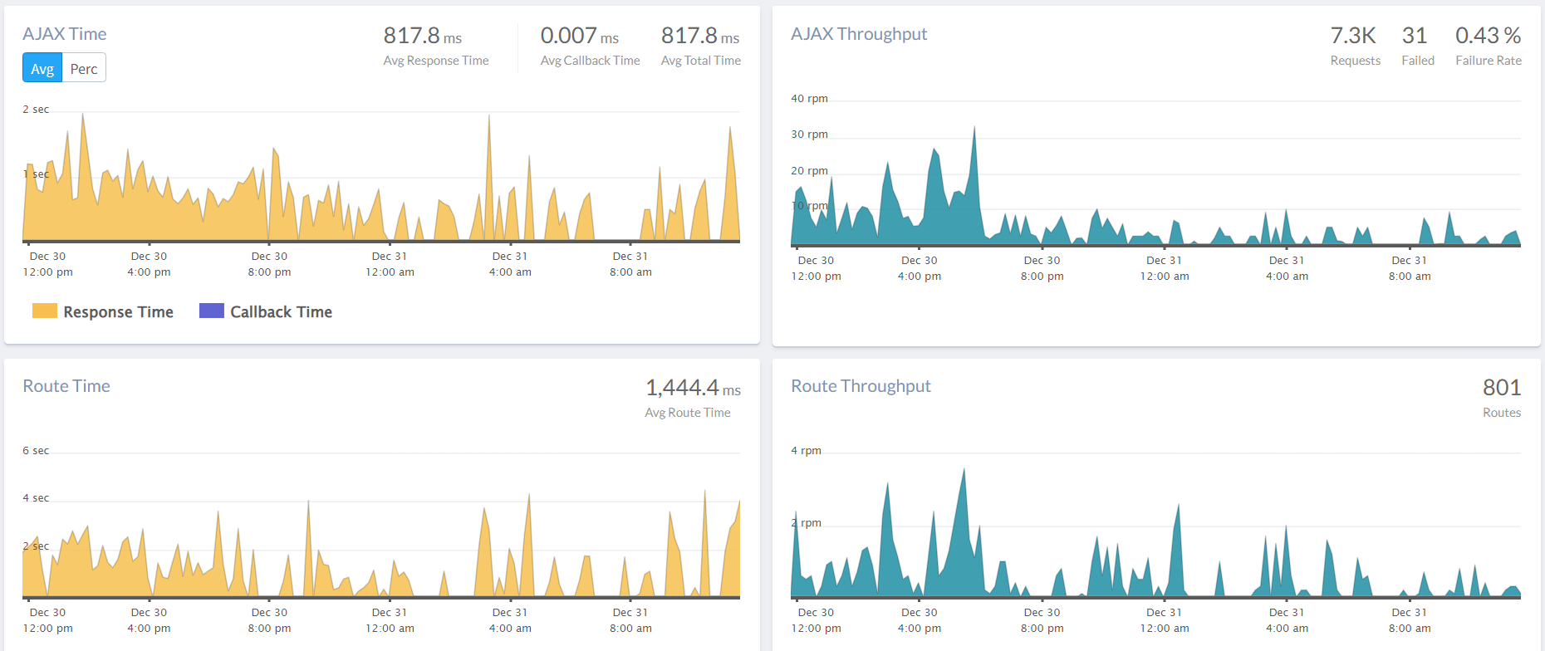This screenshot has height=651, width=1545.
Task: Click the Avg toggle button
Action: [42, 68]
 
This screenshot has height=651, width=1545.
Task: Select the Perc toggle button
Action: [84, 68]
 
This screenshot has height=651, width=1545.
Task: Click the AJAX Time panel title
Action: [65, 34]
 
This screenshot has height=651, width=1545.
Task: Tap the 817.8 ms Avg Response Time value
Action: [422, 36]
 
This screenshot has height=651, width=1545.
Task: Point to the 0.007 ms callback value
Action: [579, 36]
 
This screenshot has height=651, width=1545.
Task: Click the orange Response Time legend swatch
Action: [45, 311]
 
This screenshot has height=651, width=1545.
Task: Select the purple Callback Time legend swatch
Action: [212, 311]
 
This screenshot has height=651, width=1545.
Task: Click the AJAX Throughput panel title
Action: [859, 34]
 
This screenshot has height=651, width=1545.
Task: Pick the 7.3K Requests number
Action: [1353, 36]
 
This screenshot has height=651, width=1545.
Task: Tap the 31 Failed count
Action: [1415, 36]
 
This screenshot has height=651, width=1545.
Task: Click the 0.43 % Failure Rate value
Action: [1488, 36]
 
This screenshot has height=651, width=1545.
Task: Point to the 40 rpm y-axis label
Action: [809, 99]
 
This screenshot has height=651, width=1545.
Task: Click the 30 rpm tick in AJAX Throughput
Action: [809, 135]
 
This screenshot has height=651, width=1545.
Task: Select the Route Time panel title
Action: [66, 386]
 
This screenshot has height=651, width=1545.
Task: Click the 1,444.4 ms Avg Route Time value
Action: [693, 388]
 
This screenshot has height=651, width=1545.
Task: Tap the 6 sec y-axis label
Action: [36, 451]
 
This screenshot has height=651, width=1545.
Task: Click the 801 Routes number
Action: [1502, 388]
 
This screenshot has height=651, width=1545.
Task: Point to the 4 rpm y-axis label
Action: [806, 451]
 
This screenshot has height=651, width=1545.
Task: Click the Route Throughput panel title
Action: [861, 386]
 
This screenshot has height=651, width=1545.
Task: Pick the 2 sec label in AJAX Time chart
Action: [36, 110]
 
